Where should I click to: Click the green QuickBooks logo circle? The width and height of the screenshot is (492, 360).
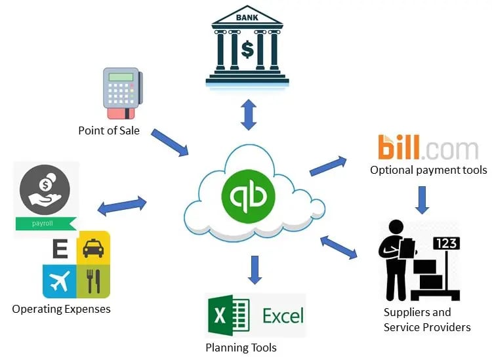[247, 195]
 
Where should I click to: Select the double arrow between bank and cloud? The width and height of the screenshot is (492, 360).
[248, 115]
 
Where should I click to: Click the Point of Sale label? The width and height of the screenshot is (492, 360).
[109, 130]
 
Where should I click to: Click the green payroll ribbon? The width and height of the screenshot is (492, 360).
[45, 224]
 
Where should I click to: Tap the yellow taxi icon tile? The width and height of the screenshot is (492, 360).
[93, 247]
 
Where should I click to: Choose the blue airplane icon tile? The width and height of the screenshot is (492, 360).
[59, 281]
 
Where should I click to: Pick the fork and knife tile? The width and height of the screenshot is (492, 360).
[93, 281]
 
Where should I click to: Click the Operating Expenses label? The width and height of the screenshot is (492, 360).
[61, 308]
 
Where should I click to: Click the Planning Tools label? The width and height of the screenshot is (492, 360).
[241, 348]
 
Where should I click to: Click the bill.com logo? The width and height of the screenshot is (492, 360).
[428, 148]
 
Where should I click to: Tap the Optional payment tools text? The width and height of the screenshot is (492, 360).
[428, 170]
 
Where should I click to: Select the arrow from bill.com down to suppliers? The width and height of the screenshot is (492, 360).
[422, 200]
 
